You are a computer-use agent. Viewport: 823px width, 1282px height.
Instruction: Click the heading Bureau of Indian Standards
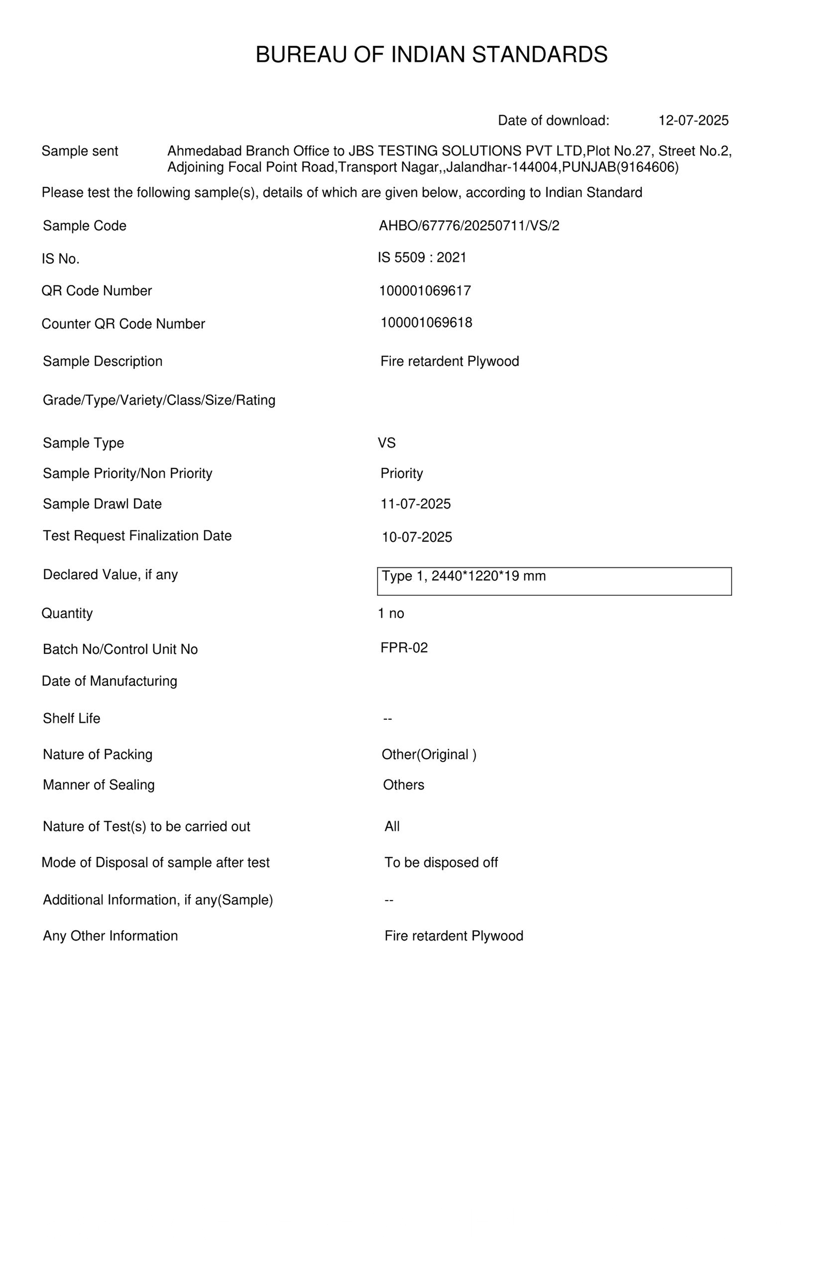point(431,55)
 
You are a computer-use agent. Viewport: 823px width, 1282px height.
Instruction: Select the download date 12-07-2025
point(693,120)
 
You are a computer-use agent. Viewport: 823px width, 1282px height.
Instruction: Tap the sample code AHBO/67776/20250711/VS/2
point(469,226)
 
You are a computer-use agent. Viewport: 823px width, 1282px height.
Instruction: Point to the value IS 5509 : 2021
point(422,258)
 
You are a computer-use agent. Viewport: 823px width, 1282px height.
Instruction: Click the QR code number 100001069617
point(425,291)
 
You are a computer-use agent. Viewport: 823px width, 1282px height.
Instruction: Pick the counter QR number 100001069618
point(426,322)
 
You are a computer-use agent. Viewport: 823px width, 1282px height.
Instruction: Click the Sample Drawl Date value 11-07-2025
point(415,504)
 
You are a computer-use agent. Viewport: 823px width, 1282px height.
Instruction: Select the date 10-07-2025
point(416,537)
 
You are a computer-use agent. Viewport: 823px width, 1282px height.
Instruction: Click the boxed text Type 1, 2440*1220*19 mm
point(463,576)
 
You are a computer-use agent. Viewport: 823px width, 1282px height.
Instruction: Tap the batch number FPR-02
point(403,648)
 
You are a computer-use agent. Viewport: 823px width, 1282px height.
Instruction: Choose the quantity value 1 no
point(390,614)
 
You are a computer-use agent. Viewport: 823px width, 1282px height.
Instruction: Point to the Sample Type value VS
point(386,443)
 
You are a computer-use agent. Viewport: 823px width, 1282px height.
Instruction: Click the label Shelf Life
point(71,718)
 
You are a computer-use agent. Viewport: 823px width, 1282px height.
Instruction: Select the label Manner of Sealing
point(99,785)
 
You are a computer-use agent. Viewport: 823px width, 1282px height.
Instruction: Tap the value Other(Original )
point(428,754)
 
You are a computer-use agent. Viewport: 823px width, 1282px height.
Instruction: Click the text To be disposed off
point(441,862)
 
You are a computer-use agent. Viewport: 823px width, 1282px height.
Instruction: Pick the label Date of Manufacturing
point(110,681)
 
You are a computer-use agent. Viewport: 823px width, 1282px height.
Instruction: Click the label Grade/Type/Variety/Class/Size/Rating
point(159,400)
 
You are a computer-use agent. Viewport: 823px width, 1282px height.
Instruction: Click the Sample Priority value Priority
point(401,473)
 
